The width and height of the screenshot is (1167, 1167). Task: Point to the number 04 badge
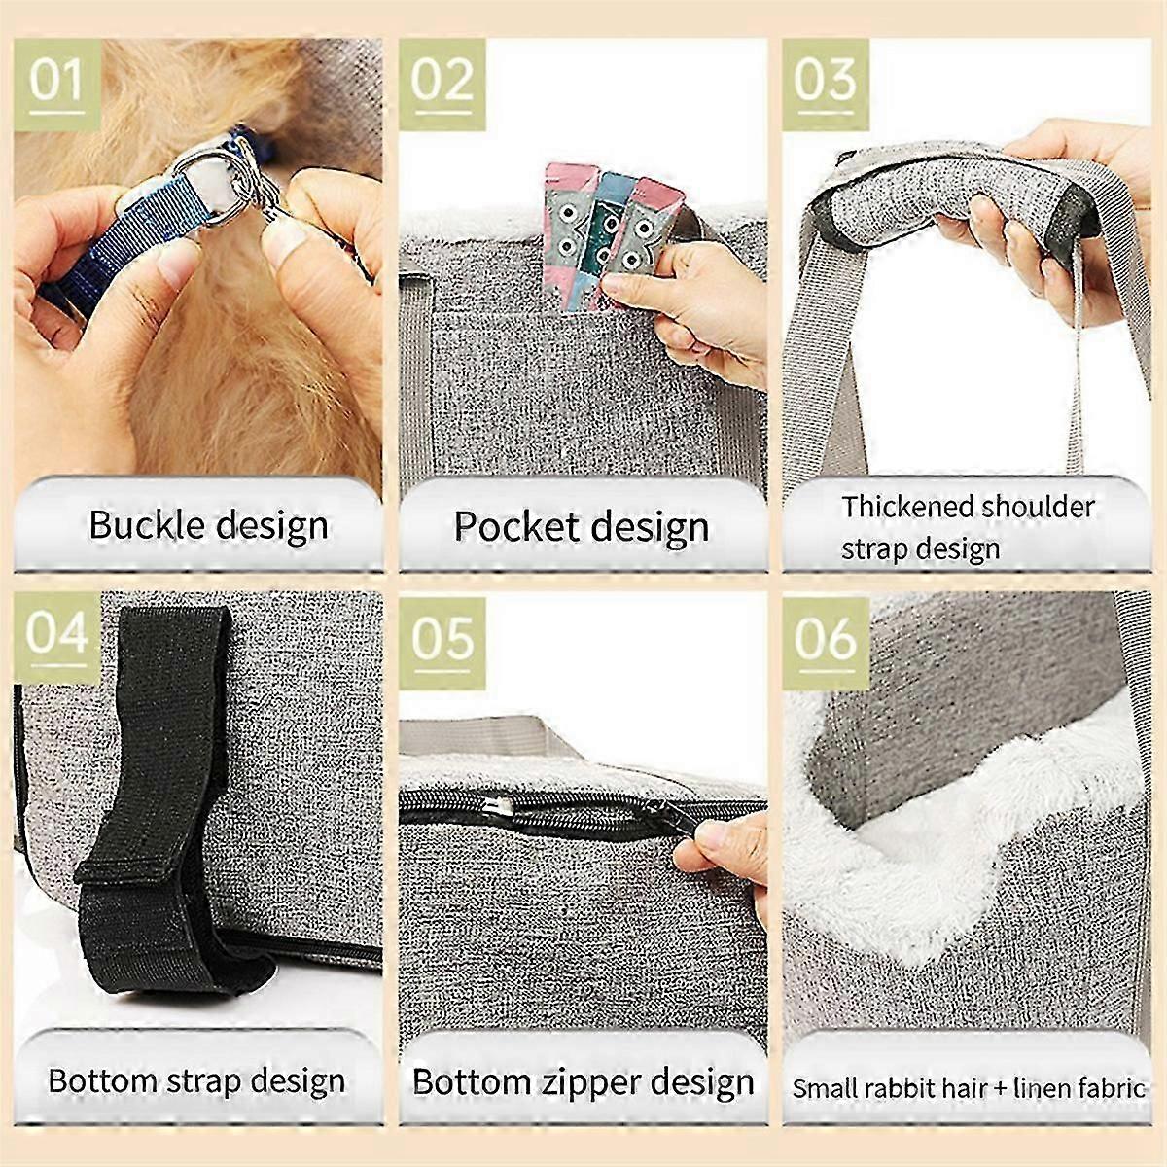tap(56, 637)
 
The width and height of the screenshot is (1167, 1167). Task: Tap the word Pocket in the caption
tap(515, 527)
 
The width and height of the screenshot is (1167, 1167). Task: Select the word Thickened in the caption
tap(906, 507)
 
